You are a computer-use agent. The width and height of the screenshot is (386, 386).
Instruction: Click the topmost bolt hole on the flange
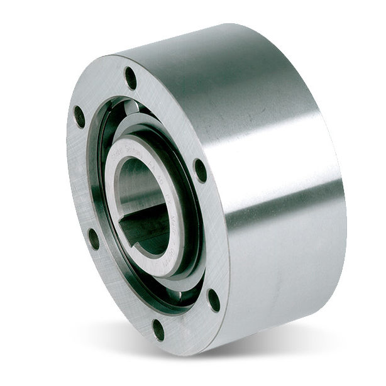[x=131, y=78]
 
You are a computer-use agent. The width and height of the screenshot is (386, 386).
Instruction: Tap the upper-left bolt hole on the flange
[x=80, y=117]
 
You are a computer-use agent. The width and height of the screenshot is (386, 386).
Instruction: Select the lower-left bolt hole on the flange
[x=94, y=238]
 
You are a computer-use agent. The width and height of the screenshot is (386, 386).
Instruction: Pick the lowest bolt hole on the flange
[x=158, y=329]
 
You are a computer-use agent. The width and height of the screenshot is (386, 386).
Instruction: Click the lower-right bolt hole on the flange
[x=214, y=300]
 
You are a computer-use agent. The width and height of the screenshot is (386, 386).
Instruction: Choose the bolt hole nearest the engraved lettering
[x=200, y=170]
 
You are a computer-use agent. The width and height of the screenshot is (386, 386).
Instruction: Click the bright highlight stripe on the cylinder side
[x=277, y=157]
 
